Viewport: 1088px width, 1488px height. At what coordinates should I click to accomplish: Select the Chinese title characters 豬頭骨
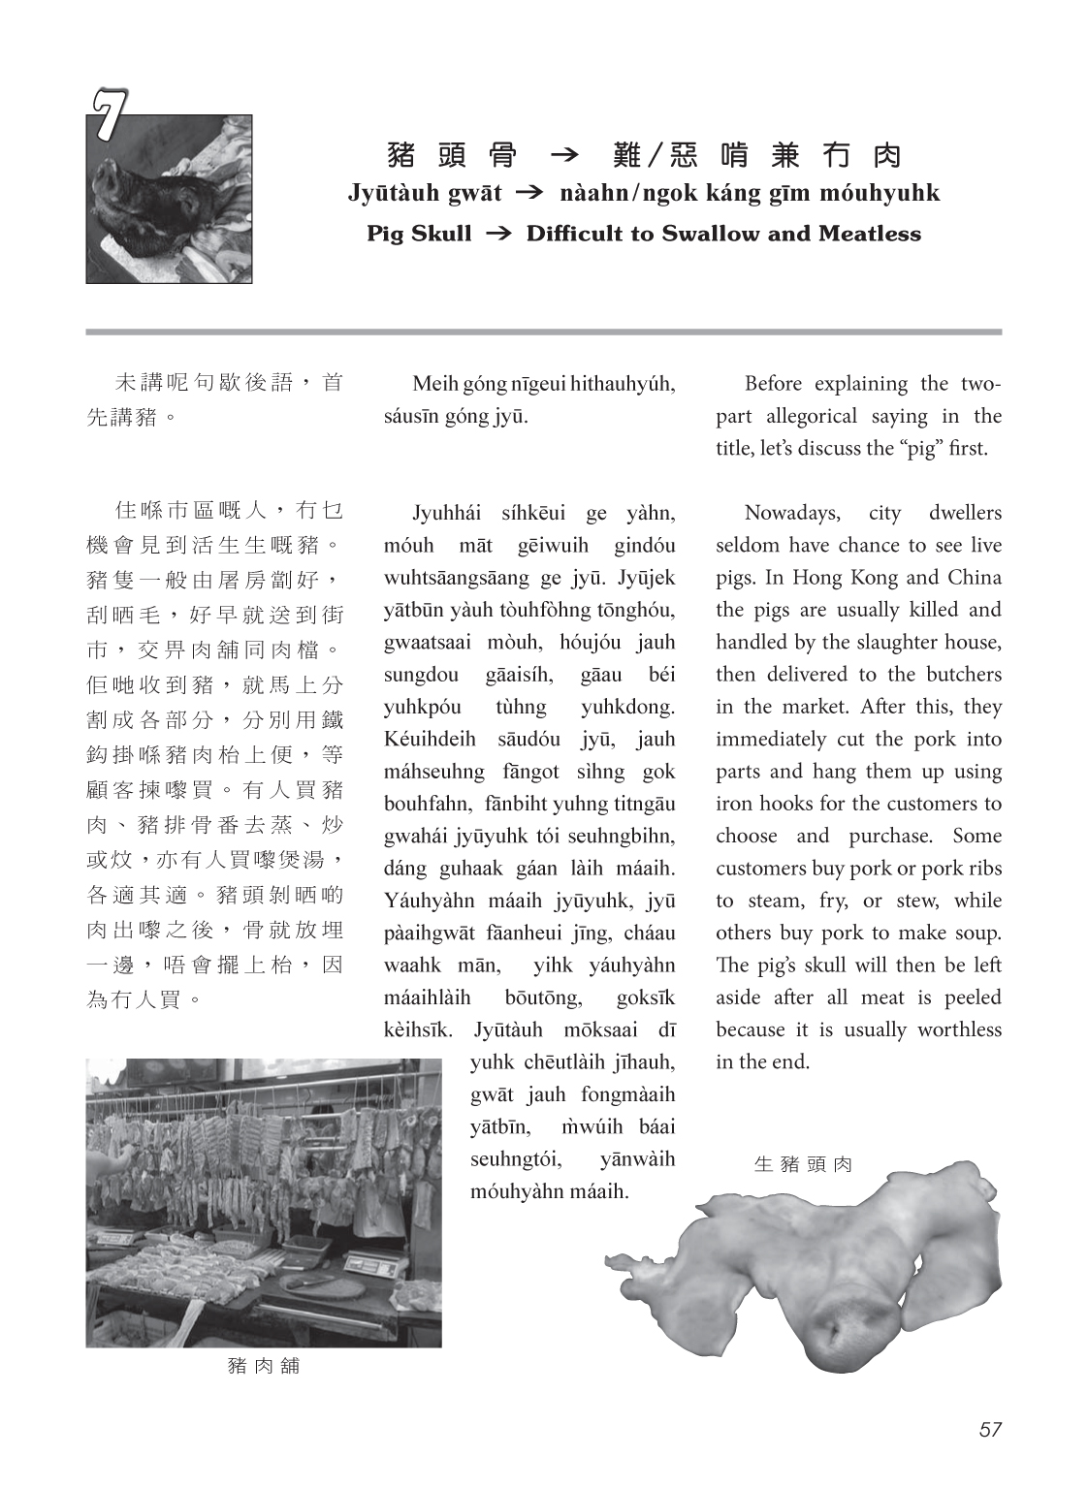tap(451, 155)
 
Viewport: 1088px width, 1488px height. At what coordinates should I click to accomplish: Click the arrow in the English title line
tap(497, 234)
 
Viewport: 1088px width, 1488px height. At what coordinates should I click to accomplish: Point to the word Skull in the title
tap(445, 234)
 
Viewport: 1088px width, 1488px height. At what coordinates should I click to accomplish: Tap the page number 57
tap(989, 1429)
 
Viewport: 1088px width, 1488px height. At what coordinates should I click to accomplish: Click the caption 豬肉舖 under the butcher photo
tap(263, 1366)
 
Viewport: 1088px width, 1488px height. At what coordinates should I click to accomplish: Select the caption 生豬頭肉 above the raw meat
tap(803, 1164)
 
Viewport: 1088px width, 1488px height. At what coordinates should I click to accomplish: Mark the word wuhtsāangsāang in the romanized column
tap(455, 578)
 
